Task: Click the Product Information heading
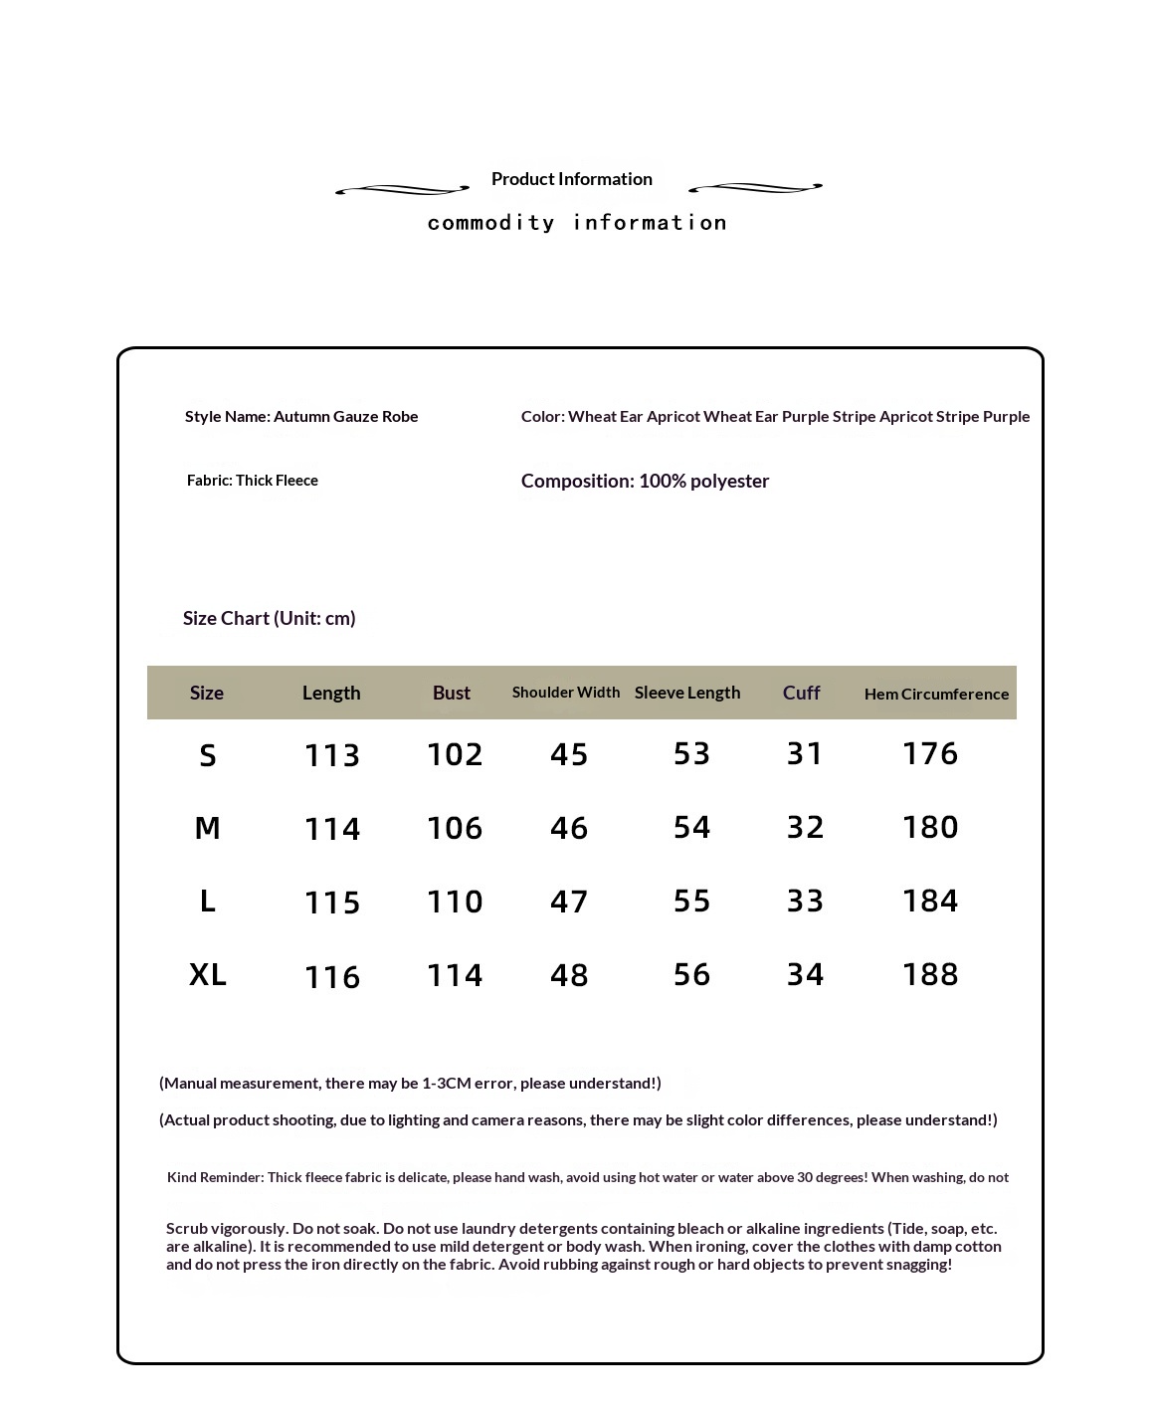[x=571, y=179]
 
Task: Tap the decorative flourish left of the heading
[x=402, y=189]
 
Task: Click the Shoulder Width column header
[x=565, y=693]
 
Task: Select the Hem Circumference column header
[x=936, y=694]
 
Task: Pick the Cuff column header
[x=801, y=693]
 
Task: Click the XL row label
[x=208, y=974]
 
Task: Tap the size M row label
[x=207, y=828]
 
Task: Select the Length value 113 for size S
[x=332, y=755]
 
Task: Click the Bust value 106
[x=455, y=828]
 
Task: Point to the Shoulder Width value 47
[x=569, y=902]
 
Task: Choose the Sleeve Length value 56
[x=691, y=974]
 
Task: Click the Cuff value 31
[x=805, y=753]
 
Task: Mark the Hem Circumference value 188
[x=930, y=974]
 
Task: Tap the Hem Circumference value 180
[x=930, y=827]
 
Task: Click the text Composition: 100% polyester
[x=645, y=481]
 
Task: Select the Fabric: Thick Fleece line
[x=253, y=481]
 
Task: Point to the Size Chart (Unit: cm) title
[x=269, y=618]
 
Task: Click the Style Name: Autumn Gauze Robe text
[x=301, y=416]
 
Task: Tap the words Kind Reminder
[x=214, y=1177]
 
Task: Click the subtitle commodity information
[x=577, y=223]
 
